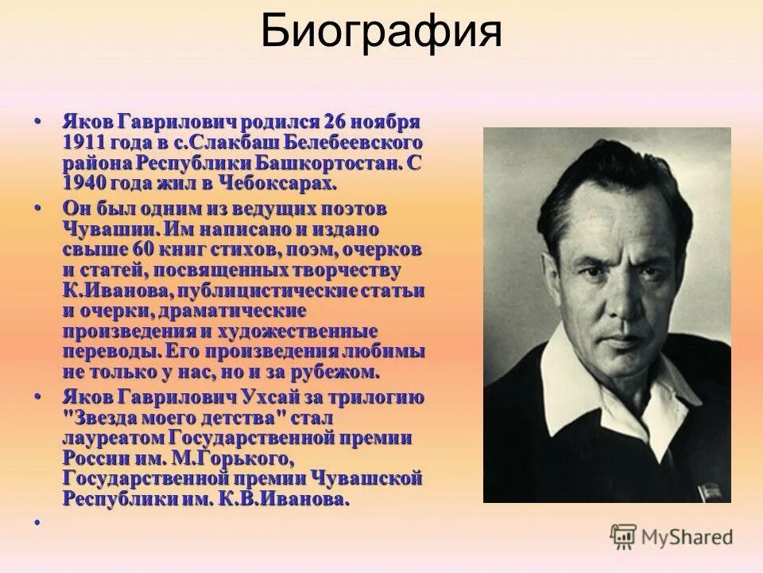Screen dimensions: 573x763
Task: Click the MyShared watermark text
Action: click(x=688, y=536)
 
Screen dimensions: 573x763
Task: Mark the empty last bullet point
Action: click(x=37, y=523)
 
